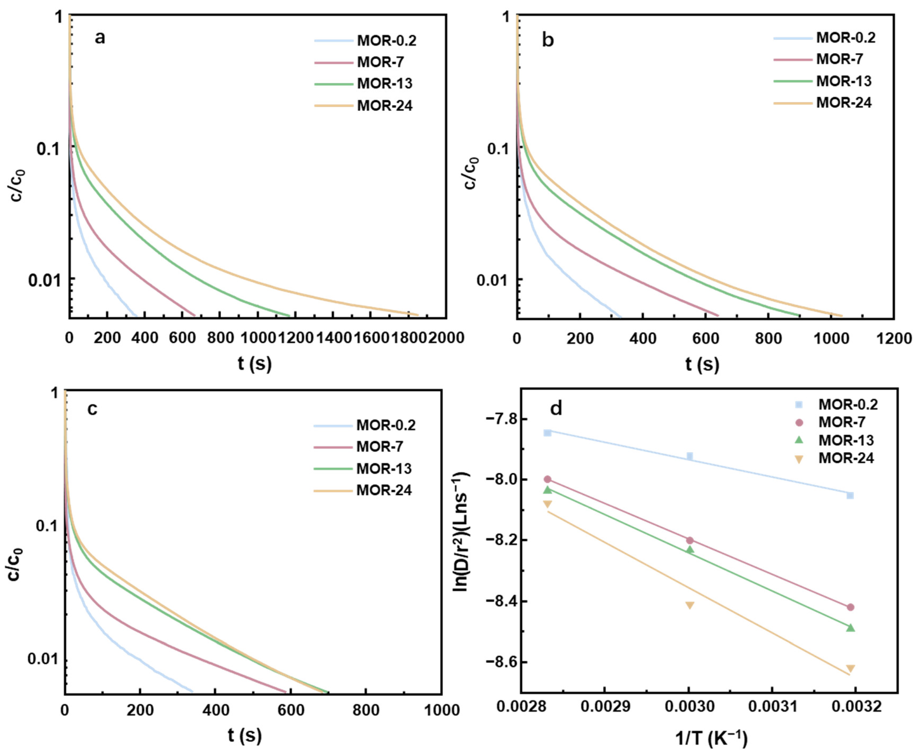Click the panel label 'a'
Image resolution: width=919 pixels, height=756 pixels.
(100, 38)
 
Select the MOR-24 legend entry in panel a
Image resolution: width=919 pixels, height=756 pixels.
(385, 106)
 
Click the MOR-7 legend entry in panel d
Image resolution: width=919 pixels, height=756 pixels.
(841, 422)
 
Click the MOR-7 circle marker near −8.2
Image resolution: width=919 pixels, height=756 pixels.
(689, 540)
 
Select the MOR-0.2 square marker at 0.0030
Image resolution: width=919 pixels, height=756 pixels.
(689, 456)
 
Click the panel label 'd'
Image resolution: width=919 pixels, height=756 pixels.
(556, 409)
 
